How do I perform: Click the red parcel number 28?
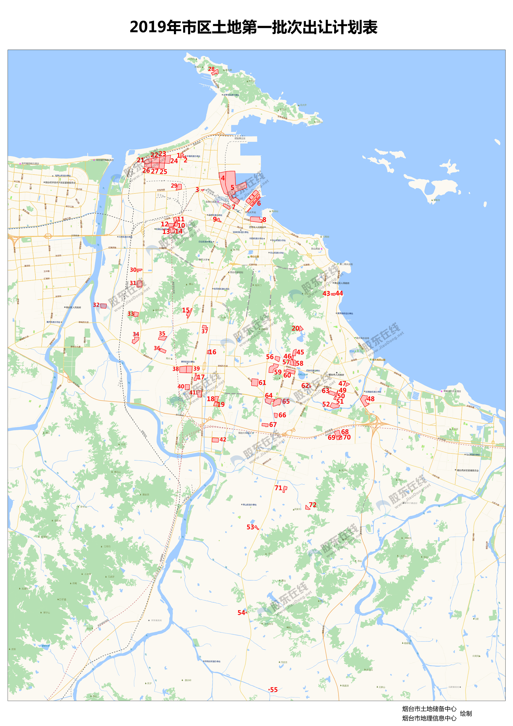(211, 69)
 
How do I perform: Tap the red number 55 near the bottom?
(274, 690)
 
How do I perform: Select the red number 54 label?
(242, 612)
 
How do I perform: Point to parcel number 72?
(313, 505)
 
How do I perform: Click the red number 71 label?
(278, 488)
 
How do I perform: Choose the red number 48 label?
(371, 399)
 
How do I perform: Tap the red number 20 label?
(295, 328)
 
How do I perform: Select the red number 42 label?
(223, 439)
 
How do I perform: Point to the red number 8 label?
(264, 220)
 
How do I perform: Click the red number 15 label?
(186, 310)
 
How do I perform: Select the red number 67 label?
(273, 424)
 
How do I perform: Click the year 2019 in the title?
(148, 27)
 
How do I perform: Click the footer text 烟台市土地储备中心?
(429, 709)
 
